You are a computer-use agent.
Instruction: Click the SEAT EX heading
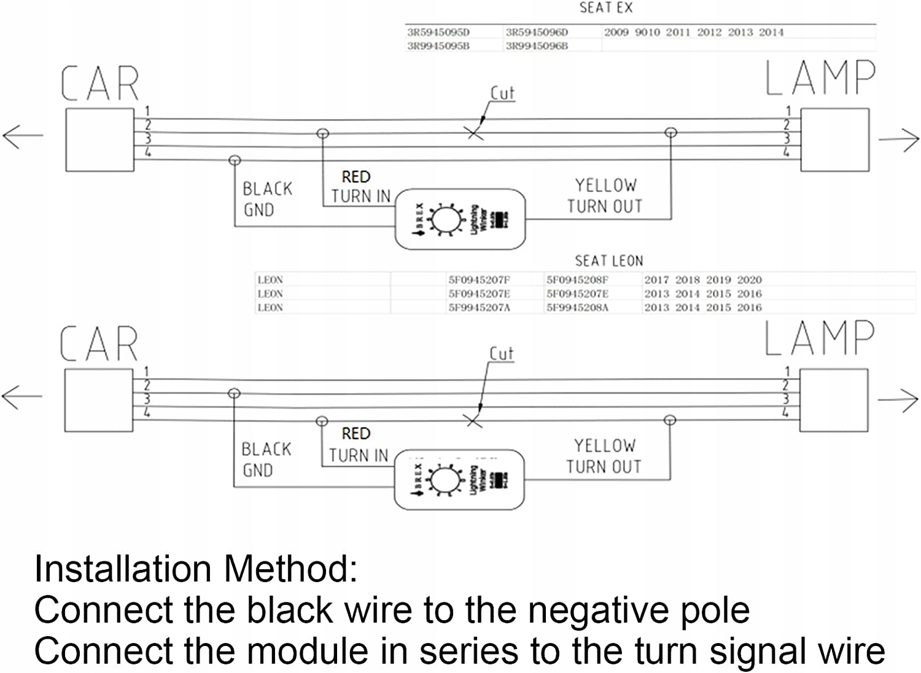pyautogui.click(x=605, y=8)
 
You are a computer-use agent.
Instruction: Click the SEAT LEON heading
pyautogui.click(x=608, y=261)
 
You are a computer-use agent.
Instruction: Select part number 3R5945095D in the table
pyautogui.click(x=438, y=32)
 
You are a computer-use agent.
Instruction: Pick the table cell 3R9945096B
pyautogui.click(x=537, y=46)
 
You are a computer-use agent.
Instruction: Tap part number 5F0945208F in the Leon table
pyautogui.click(x=577, y=280)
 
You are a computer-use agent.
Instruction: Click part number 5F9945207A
pyautogui.click(x=479, y=308)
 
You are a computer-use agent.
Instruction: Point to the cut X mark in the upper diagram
pyautogui.click(x=475, y=133)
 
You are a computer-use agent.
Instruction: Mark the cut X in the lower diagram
pyautogui.click(x=473, y=421)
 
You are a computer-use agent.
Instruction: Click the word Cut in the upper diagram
pyautogui.click(x=502, y=93)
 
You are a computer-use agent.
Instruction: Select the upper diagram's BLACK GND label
pyautogui.click(x=267, y=199)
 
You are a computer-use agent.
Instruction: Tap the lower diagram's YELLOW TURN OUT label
pyautogui.click(x=604, y=456)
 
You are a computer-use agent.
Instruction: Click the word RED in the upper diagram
pyautogui.click(x=356, y=177)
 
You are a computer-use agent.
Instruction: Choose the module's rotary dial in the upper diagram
pyautogui.click(x=442, y=219)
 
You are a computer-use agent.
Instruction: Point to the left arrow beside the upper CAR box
pyautogui.click(x=23, y=135)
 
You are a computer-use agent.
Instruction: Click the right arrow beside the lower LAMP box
pyautogui.click(x=898, y=400)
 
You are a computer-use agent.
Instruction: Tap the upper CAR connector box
pyautogui.click(x=99, y=140)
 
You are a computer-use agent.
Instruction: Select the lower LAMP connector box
pyautogui.click(x=834, y=400)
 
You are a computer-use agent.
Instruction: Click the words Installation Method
pyautogui.click(x=196, y=569)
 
